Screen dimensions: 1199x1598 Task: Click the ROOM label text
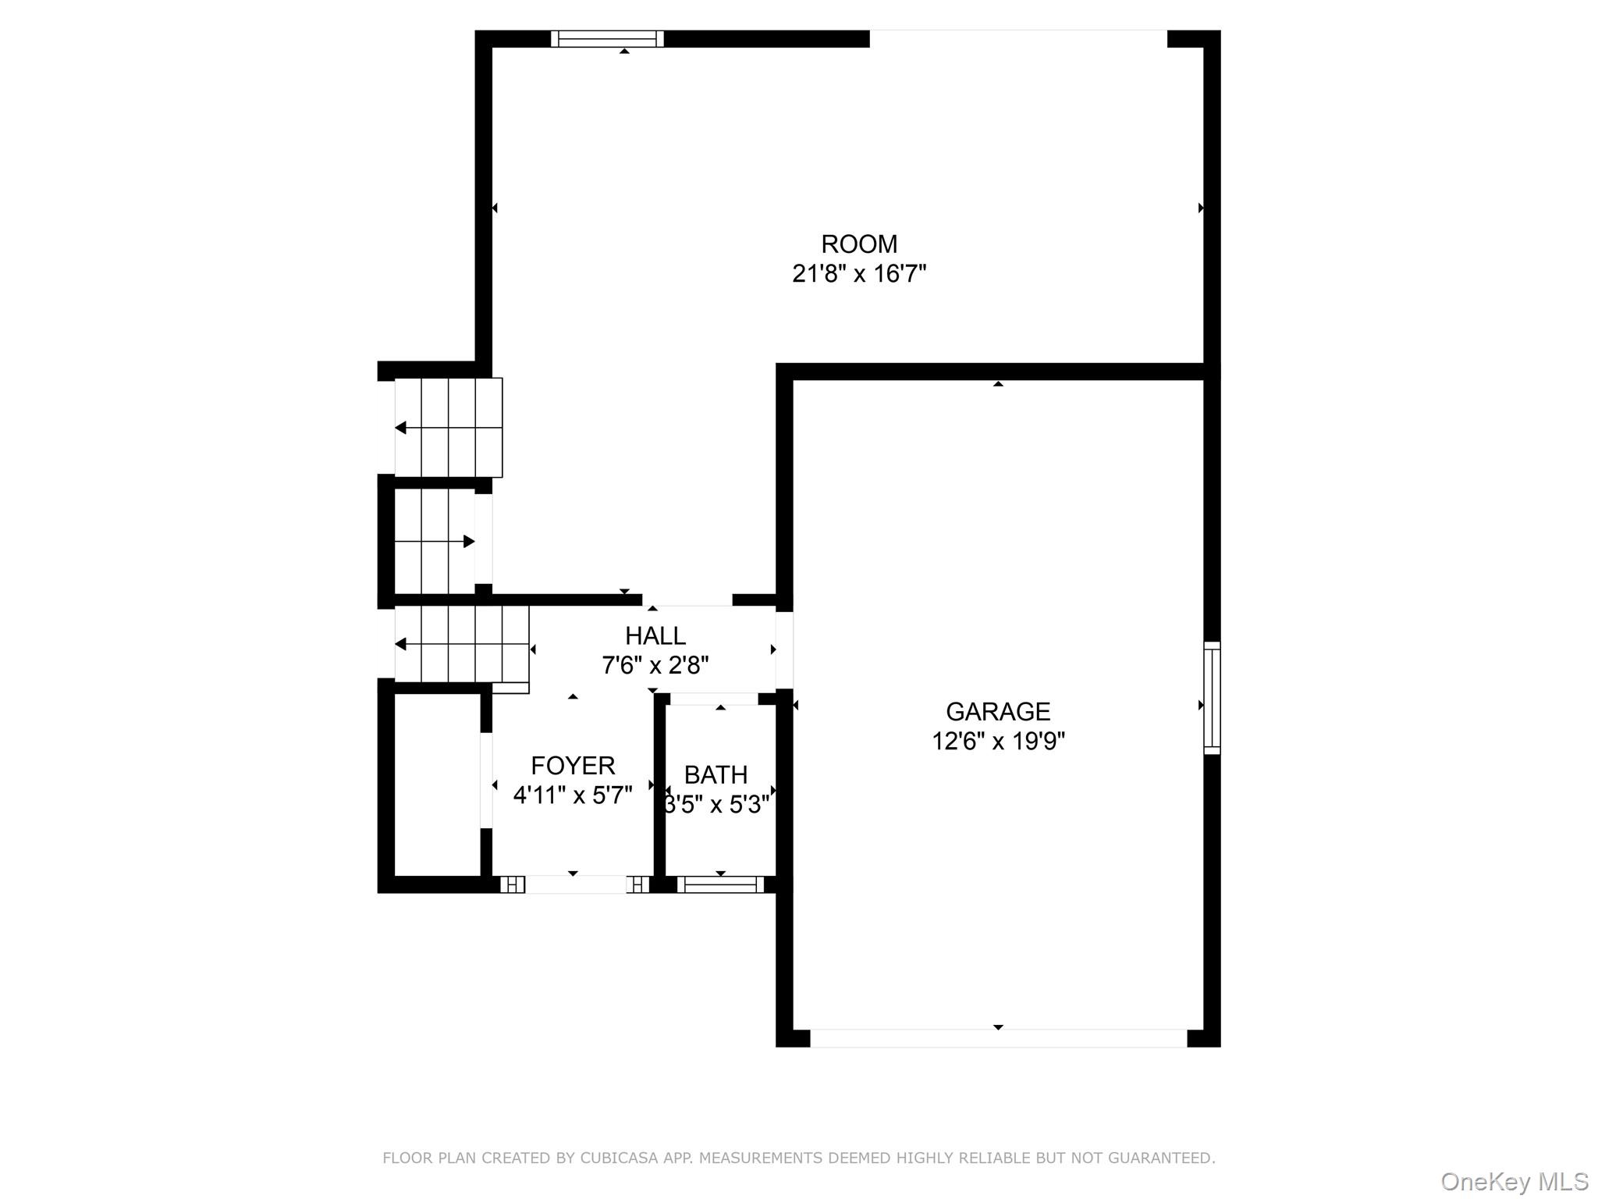tap(859, 244)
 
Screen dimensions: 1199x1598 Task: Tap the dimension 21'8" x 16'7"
tap(859, 274)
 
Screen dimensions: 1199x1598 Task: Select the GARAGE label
tap(998, 711)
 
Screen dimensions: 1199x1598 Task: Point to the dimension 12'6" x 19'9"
tap(998, 741)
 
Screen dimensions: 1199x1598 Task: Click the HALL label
tap(655, 636)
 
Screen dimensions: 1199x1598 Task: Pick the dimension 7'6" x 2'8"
tap(655, 666)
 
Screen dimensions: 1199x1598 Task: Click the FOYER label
tap(573, 765)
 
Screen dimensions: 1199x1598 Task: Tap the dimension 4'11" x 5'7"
tap(573, 795)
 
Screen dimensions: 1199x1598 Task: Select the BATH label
tap(716, 775)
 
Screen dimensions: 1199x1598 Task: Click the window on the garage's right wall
tap(1212, 698)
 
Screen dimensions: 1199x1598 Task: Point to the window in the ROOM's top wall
tap(607, 39)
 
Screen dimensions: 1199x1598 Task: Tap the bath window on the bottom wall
tap(720, 884)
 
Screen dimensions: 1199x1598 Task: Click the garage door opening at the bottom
tap(998, 1038)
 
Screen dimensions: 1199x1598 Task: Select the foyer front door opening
tap(575, 884)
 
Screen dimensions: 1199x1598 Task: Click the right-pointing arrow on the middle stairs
tap(469, 542)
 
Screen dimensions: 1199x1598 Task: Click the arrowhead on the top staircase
tap(400, 428)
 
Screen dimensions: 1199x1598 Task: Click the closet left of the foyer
tap(437, 785)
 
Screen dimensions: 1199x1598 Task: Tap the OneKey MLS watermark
tap(1514, 1182)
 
